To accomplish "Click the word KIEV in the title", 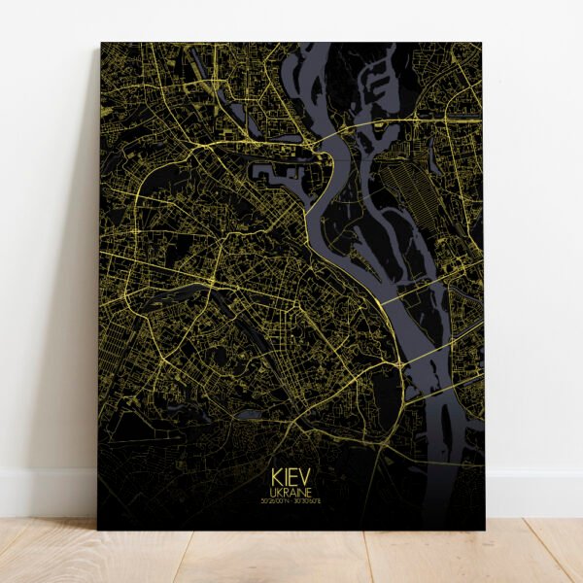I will point(291,480).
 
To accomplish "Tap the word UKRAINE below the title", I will point(291,494).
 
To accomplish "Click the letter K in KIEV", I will point(278,480).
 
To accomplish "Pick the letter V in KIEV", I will point(305,480).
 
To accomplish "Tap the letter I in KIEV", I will point(287,480).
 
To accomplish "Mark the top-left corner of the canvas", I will point(101,44).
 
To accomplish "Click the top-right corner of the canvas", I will point(482,44).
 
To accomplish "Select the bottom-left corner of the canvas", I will point(98,529).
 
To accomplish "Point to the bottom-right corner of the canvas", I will point(484,529).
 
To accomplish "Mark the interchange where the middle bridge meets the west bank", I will point(399,364).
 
